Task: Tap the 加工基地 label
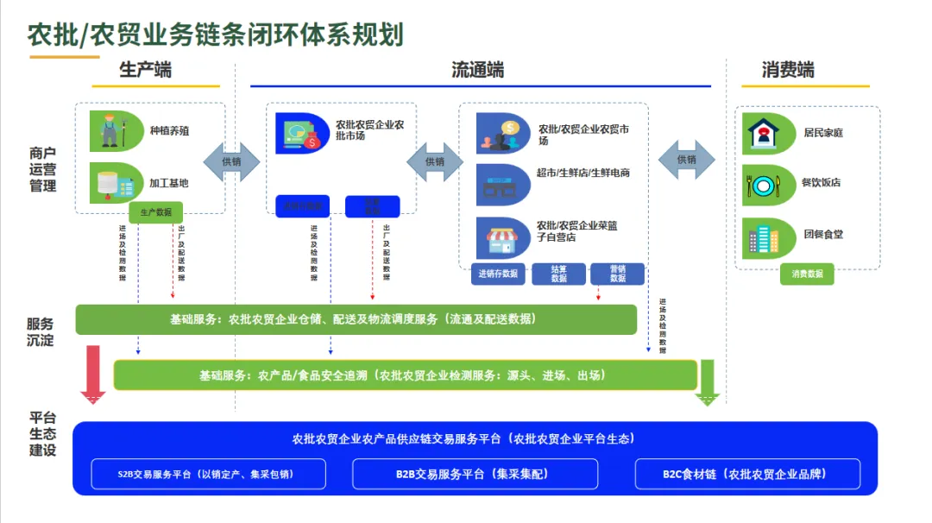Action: click(168, 183)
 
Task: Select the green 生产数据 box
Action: click(155, 212)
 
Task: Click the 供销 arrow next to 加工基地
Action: click(231, 161)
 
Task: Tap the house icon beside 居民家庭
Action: click(766, 133)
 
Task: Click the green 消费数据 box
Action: click(807, 274)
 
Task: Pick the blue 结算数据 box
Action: click(558, 274)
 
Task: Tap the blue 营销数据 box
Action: click(618, 274)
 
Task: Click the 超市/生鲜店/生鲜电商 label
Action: click(583, 173)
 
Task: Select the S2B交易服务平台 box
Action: click(209, 475)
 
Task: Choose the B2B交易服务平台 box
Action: click(475, 475)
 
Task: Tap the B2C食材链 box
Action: click(748, 475)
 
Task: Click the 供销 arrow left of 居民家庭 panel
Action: click(687, 160)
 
